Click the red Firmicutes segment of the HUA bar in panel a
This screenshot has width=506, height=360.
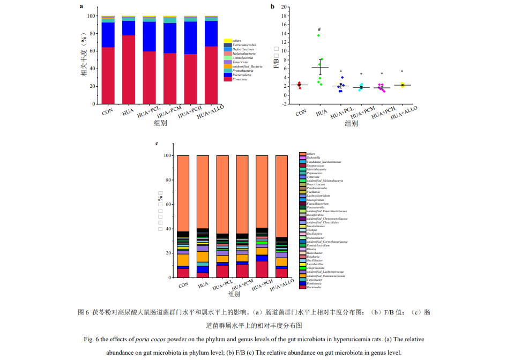129,70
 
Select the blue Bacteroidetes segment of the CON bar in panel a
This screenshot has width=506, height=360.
108,35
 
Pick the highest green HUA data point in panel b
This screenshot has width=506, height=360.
318,35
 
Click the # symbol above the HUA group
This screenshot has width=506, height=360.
319,29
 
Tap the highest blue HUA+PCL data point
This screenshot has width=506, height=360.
342,77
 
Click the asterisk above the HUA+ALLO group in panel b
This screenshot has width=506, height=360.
402,71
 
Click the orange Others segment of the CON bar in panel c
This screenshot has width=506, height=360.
183,193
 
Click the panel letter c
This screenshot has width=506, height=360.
157,144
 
